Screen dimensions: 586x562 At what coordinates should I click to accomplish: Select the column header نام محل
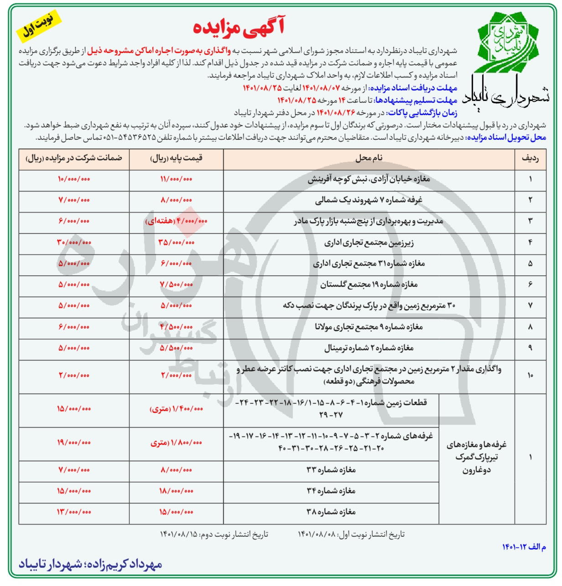click(369, 158)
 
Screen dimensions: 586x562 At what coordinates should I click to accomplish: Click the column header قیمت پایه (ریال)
click(177, 158)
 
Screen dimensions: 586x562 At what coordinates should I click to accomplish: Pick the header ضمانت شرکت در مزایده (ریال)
click(74, 158)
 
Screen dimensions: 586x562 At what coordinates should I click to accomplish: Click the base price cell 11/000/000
click(176, 179)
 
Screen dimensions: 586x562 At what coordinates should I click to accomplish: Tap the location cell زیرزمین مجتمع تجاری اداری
click(369, 243)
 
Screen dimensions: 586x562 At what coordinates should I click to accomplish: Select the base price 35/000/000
click(176, 243)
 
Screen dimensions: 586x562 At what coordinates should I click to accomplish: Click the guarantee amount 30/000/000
click(74, 243)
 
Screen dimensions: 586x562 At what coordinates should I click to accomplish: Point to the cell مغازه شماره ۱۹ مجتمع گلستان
click(369, 285)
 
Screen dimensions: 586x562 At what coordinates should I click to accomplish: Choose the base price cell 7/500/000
click(176, 285)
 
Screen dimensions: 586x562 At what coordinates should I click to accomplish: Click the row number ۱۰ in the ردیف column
click(530, 375)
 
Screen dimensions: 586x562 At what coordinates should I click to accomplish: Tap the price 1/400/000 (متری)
click(176, 409)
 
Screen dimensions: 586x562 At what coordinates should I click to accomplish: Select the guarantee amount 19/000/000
click(74, 443)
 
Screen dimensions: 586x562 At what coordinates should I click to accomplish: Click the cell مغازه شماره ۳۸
click(331, 512)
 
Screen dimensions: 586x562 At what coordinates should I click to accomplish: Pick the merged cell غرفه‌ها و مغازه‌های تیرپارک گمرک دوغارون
click(476, 457)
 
